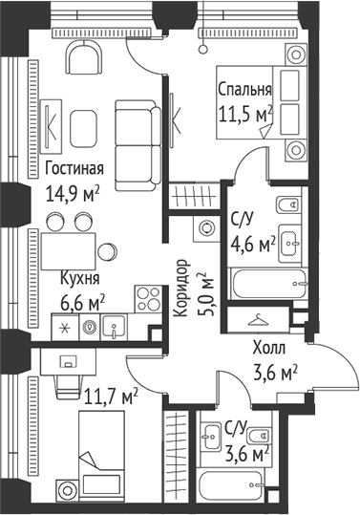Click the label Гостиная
(x=74, y=169)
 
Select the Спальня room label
(x=244, y=91)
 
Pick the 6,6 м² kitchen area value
(x=82, y=302)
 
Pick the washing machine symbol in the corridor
(x=205, y=228)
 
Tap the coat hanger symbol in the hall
(x=258, y=321)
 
